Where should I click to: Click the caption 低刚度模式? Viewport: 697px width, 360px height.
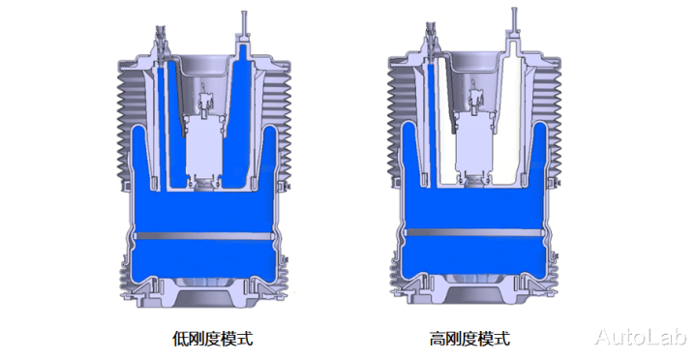point(212,339)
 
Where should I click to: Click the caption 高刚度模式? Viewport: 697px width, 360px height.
point(470,339)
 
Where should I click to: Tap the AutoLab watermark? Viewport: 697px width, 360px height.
point(641,337)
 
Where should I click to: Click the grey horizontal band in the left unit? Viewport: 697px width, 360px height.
point(204,236)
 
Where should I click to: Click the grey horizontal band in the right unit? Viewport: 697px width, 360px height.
point(474,232)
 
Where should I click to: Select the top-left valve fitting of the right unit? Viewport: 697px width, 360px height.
point(430,39)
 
